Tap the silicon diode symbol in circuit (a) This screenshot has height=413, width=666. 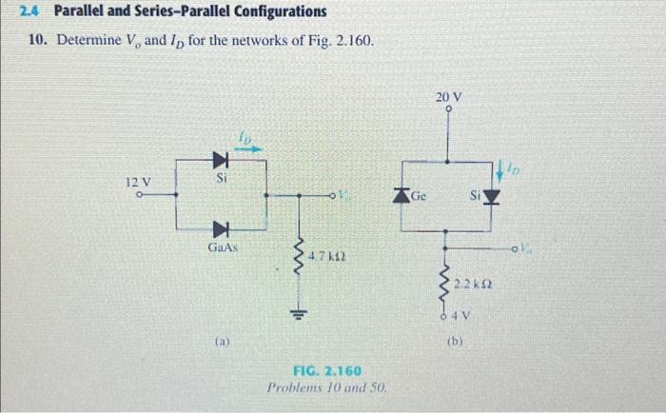221,157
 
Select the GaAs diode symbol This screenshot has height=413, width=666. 221,228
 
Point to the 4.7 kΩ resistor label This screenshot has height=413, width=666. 327,257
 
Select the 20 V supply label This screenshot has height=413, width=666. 448,97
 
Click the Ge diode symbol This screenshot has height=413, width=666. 402,195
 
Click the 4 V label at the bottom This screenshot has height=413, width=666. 460,316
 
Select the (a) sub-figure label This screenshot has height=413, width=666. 220,336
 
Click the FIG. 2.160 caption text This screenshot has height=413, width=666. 326,370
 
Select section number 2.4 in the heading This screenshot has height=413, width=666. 37,12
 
